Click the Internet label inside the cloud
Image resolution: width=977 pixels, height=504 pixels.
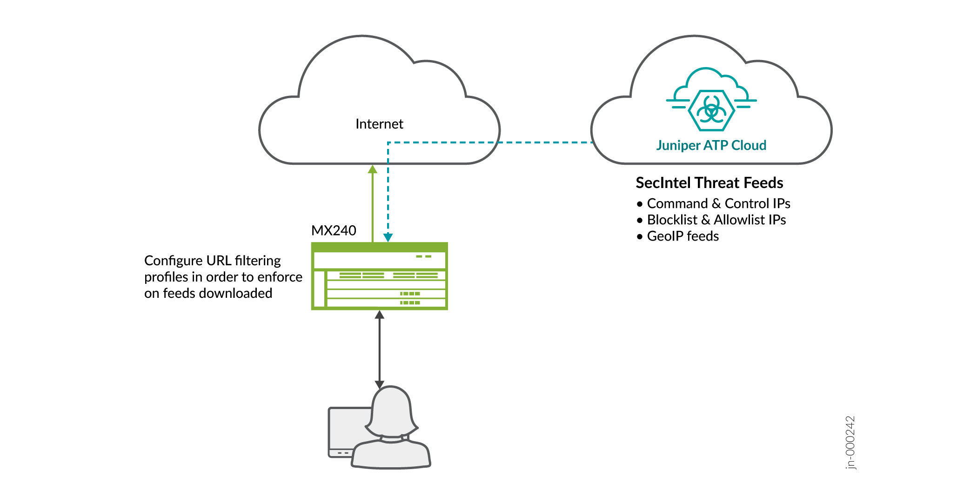[x=379, y=124]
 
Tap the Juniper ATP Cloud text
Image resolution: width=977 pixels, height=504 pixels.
[x=711, y=145]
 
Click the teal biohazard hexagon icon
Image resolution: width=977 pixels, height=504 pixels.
[x=711, y=110]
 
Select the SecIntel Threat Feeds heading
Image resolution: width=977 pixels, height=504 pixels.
[x=709, y=183]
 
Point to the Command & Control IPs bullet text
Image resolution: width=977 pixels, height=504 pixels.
[x=718, y=203]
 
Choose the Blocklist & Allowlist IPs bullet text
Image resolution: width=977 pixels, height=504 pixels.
[x=716, y=220]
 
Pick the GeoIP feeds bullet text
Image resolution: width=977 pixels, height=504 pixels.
[x=683, y=236]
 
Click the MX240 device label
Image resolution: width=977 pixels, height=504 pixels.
[x=334, y=230]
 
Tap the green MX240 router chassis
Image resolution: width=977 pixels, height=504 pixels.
[x=379, y=276]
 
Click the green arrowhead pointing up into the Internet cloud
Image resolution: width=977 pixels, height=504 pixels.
[x=373, y=169]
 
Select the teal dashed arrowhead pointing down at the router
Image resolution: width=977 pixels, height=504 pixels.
[x=388, y=237]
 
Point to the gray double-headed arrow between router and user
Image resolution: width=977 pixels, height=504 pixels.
[x=380, y=349]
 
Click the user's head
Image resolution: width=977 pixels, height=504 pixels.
[x=392, y=410]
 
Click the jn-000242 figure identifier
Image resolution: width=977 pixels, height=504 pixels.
[x=850, y=443]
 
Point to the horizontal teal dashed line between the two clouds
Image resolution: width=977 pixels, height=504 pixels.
[x=488, y=142]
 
